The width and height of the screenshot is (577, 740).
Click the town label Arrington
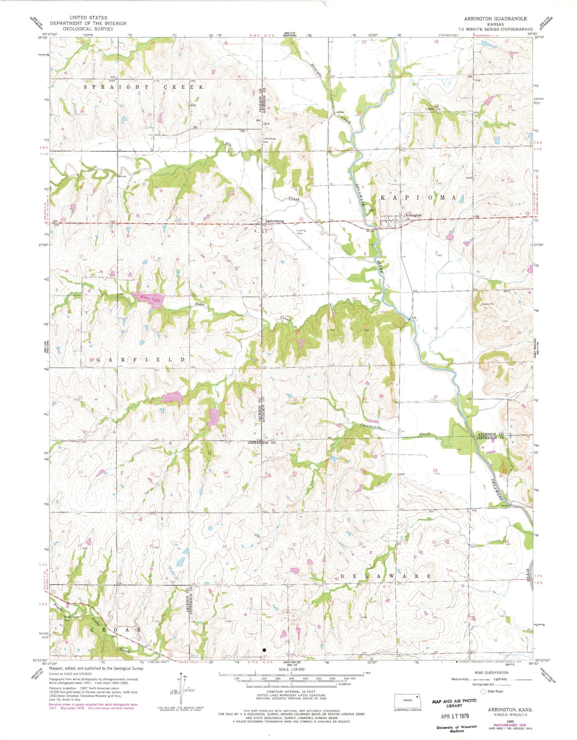coord(414,215)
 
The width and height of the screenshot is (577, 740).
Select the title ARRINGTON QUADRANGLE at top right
coord(495,19)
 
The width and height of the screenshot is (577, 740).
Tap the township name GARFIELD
coord(141,360)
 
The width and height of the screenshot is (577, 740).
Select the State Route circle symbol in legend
coord(484,691)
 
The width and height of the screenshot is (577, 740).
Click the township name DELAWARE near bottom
coord(386,576)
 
